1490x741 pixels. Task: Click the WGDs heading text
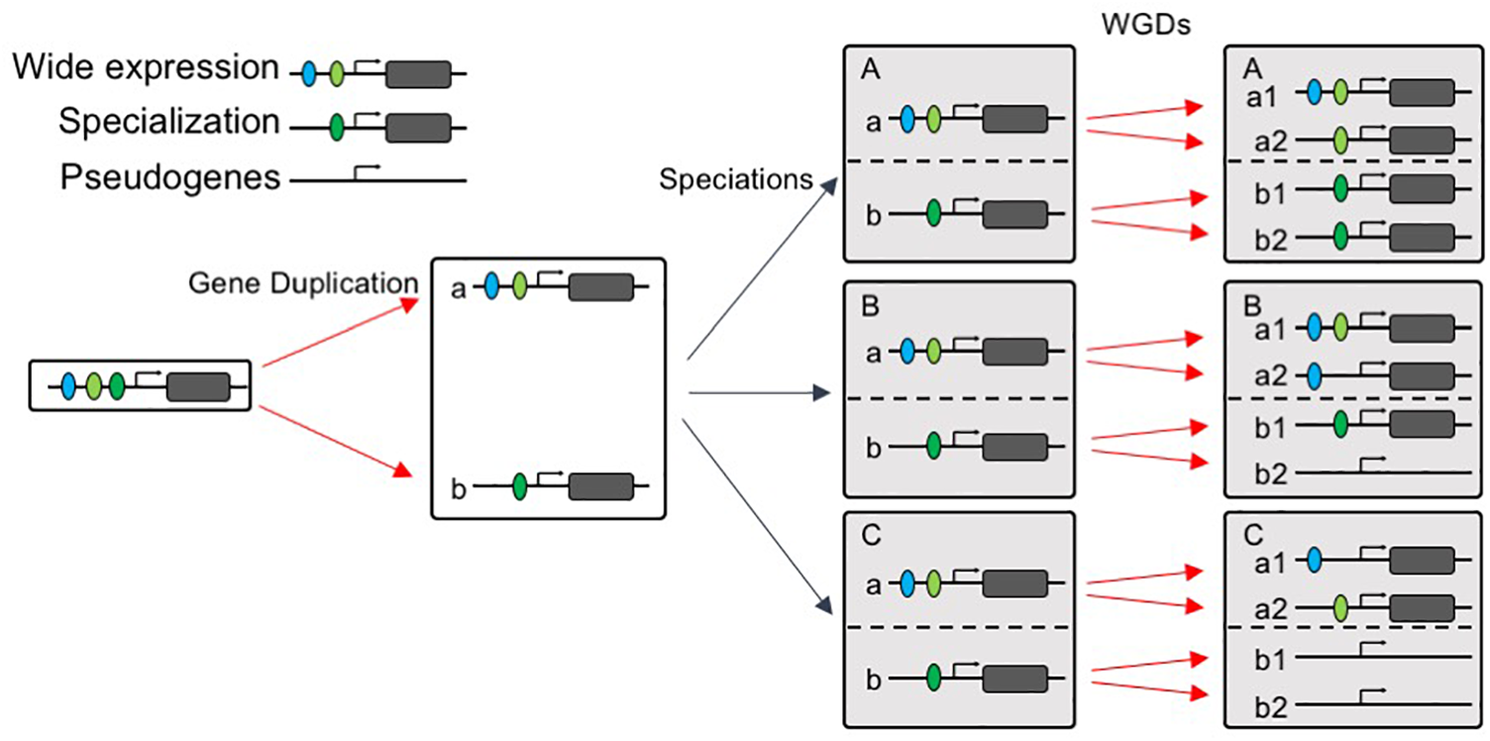[x=1145, y=25]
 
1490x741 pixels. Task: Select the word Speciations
[x=736, y=179]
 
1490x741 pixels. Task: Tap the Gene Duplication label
[x=303, y=283]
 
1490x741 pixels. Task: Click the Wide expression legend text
[x=146, y=67]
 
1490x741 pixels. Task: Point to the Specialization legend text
[x=169, y=122]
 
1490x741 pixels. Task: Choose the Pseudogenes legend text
[x=170, y=177]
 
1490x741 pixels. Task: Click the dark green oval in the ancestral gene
[x=117, y=386]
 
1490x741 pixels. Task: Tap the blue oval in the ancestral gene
[x=67, y=386]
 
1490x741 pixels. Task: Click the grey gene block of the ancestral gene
[x=198, y=386]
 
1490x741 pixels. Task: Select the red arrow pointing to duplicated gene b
[x=336, y=442]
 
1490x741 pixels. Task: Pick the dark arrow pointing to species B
[x=760, y=393]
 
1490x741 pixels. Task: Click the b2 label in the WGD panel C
[x=1271, y=707]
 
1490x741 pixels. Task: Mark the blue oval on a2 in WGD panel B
[x=1314, y=376]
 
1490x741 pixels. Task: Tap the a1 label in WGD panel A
[x=1262, y=98]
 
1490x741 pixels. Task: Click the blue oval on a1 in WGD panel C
[x=1314, y=561]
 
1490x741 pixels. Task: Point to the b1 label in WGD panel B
[x=1270, y=428]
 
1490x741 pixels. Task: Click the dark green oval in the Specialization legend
[x=337, y=127]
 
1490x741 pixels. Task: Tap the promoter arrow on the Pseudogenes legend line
[x=367, y=172]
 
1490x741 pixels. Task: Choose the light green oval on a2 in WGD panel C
[x=1341, y=608]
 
